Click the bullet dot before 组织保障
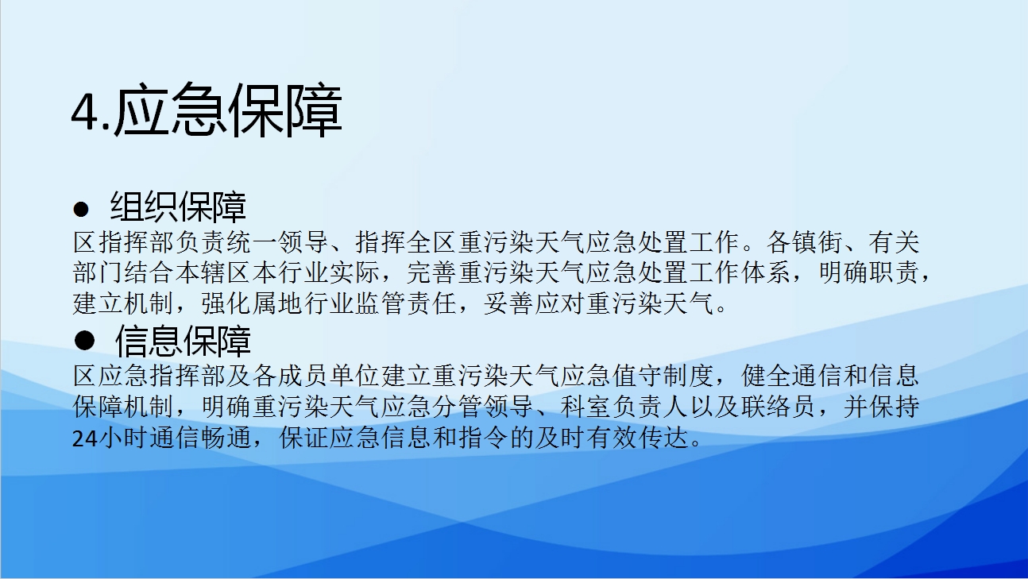pos(81,209)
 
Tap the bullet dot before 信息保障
pos(84,342)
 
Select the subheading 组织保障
pos(179,207)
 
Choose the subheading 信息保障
pos(183,342)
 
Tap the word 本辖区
pos(213,272)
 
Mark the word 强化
pos(226,303)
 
